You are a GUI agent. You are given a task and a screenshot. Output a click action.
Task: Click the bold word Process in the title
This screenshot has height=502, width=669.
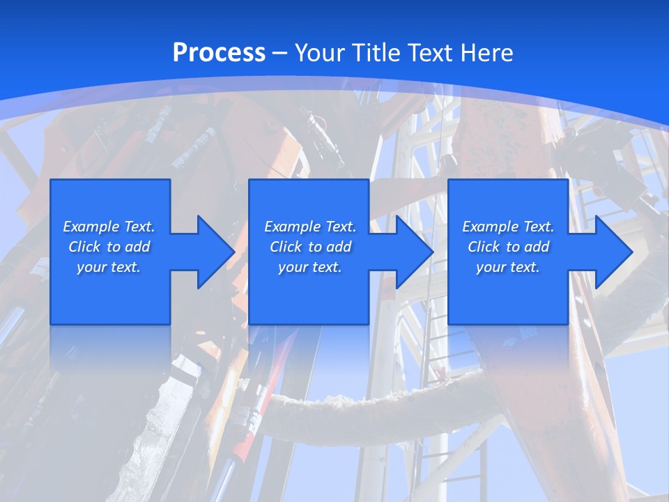click(x=219, y=53)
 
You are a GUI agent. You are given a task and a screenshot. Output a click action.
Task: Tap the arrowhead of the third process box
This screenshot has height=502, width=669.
click(x=613, y=252)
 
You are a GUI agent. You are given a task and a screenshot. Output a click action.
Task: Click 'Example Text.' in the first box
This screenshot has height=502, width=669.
click(x=109, y=227)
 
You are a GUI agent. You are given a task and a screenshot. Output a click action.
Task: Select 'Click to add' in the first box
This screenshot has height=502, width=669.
click(x=109, y=247)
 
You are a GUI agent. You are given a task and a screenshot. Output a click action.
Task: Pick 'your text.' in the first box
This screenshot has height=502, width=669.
click(x=109, y=267)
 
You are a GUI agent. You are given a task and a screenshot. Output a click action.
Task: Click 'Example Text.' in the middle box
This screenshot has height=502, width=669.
click(x=309, y=227)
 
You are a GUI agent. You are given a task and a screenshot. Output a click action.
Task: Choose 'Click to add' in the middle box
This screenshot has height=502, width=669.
click(x=309, y=247)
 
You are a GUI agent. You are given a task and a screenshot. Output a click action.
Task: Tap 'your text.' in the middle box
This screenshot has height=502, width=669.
click(x=309, y=267)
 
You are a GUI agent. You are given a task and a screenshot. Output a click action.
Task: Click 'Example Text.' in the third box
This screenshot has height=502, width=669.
click(x=508, y=227)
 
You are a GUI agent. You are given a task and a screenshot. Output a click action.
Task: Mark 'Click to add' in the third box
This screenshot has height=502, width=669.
click(x=508, y=247)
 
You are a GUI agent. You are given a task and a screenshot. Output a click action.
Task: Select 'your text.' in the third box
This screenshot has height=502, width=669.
click(x=508, y=267)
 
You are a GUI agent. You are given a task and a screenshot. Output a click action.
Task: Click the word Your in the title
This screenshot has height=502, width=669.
click(x=318, y=53)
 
